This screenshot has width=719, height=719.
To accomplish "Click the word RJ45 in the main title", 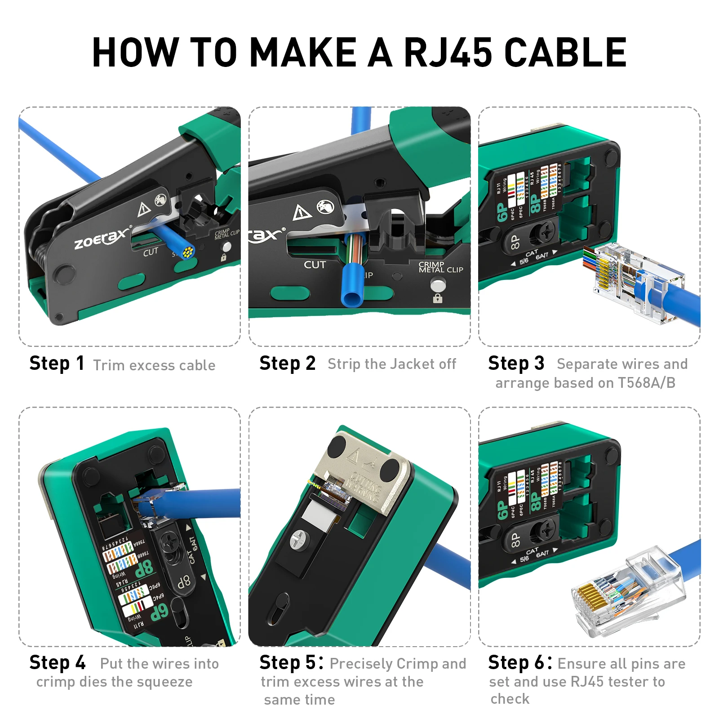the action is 448,53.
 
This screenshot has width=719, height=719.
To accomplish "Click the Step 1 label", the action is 57,364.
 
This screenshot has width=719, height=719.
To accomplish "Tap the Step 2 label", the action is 287,364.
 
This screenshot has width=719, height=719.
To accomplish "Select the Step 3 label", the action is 516,364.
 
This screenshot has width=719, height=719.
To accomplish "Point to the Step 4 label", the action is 57,663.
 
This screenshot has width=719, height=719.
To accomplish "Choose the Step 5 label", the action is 291,663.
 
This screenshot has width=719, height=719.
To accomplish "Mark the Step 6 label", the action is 520,663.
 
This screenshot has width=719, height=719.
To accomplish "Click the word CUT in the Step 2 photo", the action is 315,265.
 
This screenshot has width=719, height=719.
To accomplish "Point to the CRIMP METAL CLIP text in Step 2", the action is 440,267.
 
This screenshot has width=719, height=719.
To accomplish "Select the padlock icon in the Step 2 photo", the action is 437,298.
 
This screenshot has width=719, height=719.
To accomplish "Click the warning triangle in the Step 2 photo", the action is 302,212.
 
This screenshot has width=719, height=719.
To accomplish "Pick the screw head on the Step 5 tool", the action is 298,538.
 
